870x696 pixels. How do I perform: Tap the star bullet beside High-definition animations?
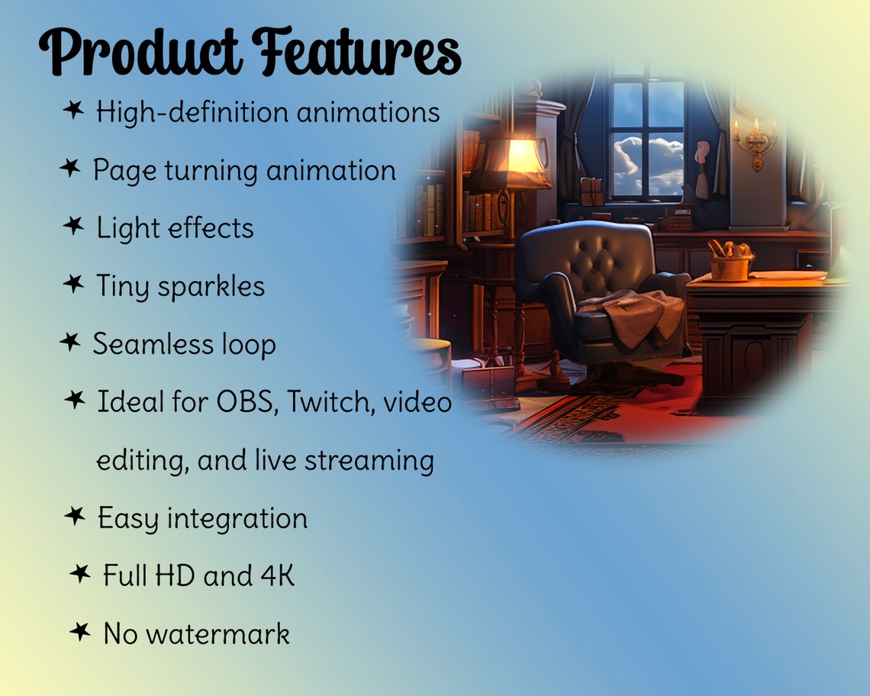click(x=72, y=111)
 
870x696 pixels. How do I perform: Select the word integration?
click(x=237, y=519)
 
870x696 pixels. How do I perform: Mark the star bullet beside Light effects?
click(x=72, y=226)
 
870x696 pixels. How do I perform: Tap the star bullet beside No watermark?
click(x=79, y=631)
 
